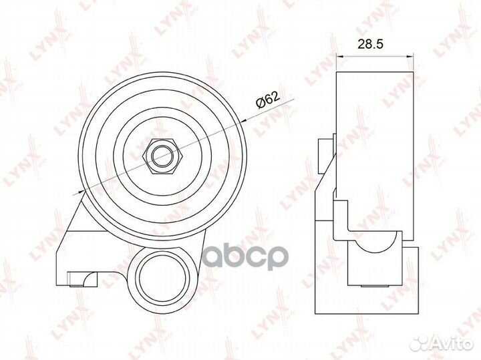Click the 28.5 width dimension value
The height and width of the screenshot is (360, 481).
[x=371, y=45]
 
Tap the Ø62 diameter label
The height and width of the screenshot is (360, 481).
[x=268, y=101]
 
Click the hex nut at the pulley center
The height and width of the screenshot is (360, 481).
[x=163, y=156]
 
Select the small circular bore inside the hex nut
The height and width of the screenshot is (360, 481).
[x=163, y=156]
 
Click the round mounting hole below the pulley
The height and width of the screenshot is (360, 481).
[x=162, y=278]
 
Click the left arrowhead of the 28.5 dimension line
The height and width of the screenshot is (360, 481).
[x=340, y=56]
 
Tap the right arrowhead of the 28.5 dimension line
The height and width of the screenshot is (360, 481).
[x=410, y=56]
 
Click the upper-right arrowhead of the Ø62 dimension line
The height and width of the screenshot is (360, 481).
[x=244, y=121]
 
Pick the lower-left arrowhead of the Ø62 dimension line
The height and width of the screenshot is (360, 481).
[x=82, y=191]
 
